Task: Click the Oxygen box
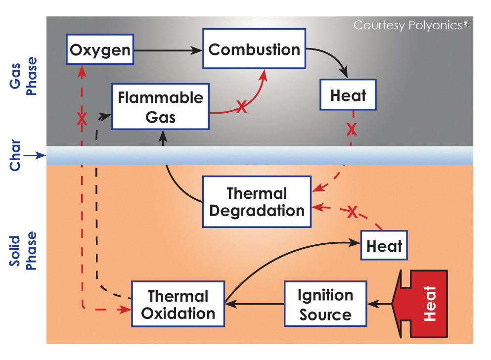[x=101, y=50]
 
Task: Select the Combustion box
[x=254, y=49]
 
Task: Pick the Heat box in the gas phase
[x=349, y=96]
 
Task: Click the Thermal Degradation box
[x=257, y=202]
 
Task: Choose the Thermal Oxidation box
[x=178, y=304]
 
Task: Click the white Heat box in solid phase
[x=384, y=245]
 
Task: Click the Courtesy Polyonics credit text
[x=410, y=25]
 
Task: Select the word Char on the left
[x=15, y=156]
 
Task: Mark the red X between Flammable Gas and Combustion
[x=241, y=107]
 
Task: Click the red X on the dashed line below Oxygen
[x=82, y=118]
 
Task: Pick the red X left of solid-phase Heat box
[x=352, y=213]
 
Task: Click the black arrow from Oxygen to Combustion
[x=168, y=50]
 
